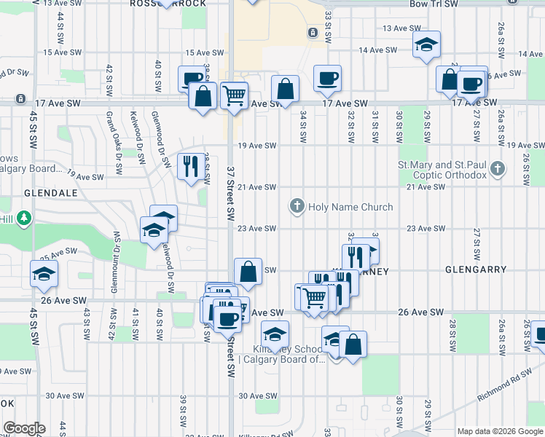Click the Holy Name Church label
coord(350,207)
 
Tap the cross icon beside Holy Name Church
coord(297,207)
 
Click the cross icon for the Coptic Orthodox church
coord(497,169)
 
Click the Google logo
coord(23,428)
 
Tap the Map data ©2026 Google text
coord(500,431)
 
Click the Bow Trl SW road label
coord(434,4)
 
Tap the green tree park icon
coord(24,218)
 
